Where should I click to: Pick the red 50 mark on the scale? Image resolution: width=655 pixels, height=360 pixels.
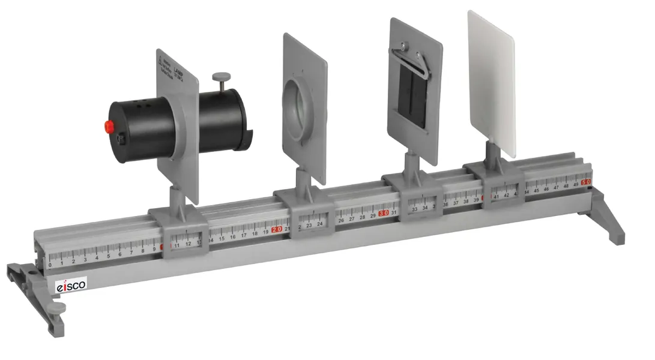pyautogui.click(x=587, y=182)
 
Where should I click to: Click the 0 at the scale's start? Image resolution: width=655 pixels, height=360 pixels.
pyautogui.click(x=50, y=265)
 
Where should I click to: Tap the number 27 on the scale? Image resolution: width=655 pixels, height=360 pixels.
pyautogui.click(x=352, y=218)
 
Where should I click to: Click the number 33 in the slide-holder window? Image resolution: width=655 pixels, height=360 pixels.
pyautogui.click(x=414, y=209)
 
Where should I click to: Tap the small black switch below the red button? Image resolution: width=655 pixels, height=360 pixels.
pyautogui.click(x=121, y=140)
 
